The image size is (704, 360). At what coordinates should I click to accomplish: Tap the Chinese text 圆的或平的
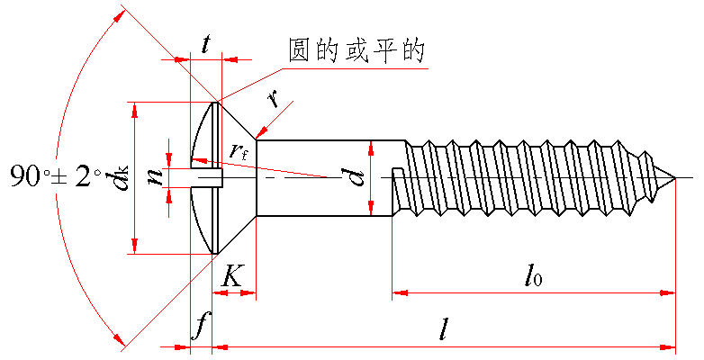(x=355, y=51)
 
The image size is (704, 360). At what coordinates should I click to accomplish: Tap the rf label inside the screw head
(x=239, y=152)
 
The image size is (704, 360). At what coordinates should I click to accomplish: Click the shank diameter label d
(x=358, y=176)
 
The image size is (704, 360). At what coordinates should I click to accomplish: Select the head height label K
(x=232, y=276)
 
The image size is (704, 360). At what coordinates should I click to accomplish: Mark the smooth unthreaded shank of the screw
(x=324, y=177)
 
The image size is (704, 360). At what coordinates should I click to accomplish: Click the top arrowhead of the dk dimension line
(x=134, y=108)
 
